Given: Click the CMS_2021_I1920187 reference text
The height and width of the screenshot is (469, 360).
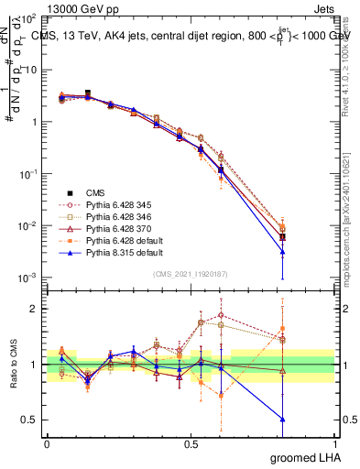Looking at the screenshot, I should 190,272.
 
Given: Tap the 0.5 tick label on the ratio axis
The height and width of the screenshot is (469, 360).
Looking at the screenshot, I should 27,420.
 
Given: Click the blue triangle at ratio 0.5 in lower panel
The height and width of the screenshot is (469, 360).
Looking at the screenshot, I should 283,420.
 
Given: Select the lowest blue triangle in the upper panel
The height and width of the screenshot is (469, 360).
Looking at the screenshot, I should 283,252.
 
